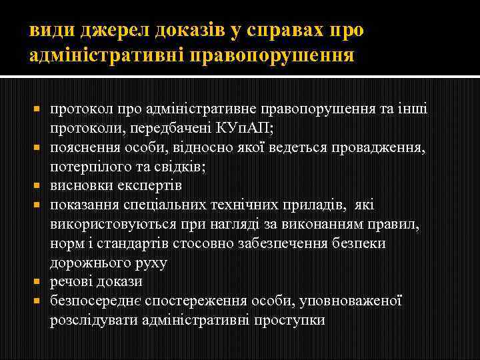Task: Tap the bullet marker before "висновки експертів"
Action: [x=37, y=185]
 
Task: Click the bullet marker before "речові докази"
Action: [x=37, y=281]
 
